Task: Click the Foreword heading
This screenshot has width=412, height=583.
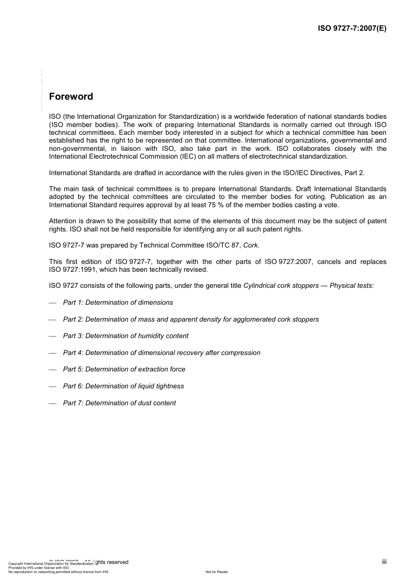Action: (71, 97)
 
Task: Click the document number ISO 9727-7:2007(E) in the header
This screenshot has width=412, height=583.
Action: (352, 29)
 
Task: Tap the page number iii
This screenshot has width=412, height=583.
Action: (384, 562)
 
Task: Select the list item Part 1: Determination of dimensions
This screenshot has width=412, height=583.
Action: (118, 303)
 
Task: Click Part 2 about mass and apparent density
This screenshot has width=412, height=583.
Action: (191, 319)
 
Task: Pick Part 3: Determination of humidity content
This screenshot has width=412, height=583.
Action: (126, 336)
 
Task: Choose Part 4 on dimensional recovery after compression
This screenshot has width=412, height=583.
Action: (162, 353)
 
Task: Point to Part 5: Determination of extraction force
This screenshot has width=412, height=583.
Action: (124, 369)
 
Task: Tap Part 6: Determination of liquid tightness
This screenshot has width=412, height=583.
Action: (124, 386)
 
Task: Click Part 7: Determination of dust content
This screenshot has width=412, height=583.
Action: (119, 403)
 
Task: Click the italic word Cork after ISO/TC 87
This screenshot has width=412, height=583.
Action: (250, 245)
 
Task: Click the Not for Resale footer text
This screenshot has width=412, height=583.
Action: (216, 572)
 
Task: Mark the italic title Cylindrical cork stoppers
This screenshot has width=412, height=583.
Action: (281, 286)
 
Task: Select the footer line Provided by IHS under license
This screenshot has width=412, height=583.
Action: (39, 567)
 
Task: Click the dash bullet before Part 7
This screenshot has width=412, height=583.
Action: (52, 404)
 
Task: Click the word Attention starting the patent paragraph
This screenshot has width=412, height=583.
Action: (62, 221)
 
